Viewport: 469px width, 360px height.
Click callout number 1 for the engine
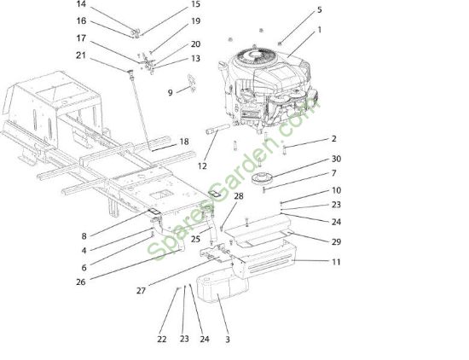(x=320, y=30)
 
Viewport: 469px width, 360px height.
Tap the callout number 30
(x=336, y=159)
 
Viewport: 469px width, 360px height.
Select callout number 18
(x=184, y=142)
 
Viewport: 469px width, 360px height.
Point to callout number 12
(x=202, y=165)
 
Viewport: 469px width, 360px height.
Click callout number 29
(x=336, y=241)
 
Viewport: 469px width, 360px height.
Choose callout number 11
(x=336, y=262)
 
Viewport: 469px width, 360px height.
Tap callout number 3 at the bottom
(x=228, y=340)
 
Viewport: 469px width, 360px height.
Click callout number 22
(x=162, y=339)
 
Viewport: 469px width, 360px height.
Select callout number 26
(x=81, y=282)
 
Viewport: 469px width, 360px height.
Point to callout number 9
(x=171, y=93)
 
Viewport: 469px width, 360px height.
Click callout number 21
(x=81, y=55)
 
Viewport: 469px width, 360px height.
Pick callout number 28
(x=239, y=196)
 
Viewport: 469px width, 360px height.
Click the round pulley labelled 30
(x=263, y=178)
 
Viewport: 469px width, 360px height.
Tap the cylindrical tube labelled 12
(x=217, y=129)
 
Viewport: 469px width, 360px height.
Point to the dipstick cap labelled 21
(x=130, y=72)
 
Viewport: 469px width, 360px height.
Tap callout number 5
(x=320, y=10)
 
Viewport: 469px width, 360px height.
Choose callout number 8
(x=84, y=236)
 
